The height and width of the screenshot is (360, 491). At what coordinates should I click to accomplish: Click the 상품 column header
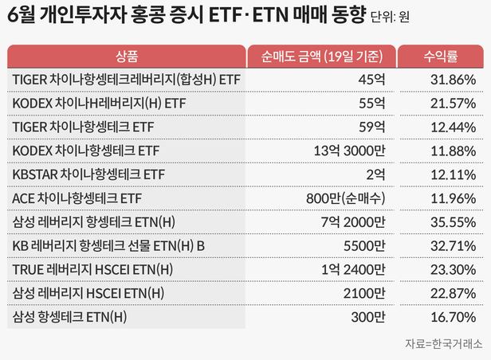[x=126, y=57]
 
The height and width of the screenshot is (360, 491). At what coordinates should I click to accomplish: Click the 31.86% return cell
[x=451, y=80]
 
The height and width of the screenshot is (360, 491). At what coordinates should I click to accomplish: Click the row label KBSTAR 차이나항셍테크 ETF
[x=88, y=174]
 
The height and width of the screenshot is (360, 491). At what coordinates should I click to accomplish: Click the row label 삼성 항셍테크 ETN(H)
[x=70, y=319]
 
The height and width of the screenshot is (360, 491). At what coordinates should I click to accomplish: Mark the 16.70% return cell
[x=451, y=319]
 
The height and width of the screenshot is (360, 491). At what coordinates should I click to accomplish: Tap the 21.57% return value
[x=451, y=104]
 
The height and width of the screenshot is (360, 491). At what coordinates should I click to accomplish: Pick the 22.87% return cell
[x=451, y=295]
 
